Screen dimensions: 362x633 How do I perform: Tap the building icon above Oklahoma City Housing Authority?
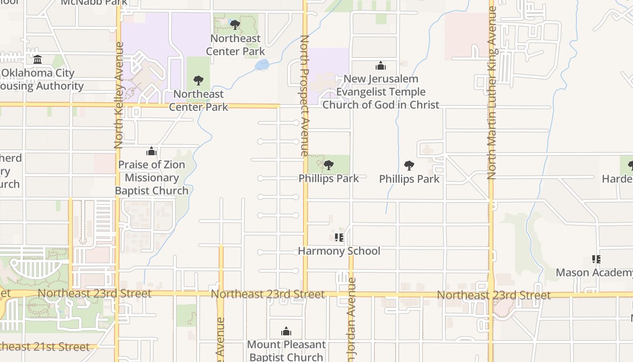click(x=38, y=60)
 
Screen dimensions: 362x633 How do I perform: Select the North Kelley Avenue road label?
click(x=119, y=95)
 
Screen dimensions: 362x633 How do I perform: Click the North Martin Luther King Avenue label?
click(x=492, y=93)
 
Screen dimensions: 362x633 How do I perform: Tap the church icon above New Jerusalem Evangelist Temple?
click(x=381, y=66)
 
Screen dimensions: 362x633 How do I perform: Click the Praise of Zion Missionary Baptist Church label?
click(x=151, y=177)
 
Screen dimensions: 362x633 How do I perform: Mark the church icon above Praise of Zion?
click(x=151, y=151)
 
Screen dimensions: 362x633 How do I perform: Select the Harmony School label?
click(x=339, y=251)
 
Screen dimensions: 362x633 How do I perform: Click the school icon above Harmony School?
click(x=339, y=237)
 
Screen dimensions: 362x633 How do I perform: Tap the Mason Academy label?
click(x=594, y=272)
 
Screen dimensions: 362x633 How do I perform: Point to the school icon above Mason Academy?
click(x=596, y=259)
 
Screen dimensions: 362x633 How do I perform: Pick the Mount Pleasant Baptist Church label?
click(x=286, y=351)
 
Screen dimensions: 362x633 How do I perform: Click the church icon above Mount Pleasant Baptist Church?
click(x=286, y=332)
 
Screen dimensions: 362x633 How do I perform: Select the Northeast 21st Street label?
click(x=45, y=347)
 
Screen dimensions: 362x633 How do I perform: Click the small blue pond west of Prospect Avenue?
click(x=262, y=65)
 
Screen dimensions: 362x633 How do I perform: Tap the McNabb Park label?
click(x=94, y=3)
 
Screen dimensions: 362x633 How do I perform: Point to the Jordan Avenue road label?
click(x=352, y=321)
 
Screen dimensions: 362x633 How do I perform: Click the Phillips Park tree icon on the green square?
click(x=329, y=165)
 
